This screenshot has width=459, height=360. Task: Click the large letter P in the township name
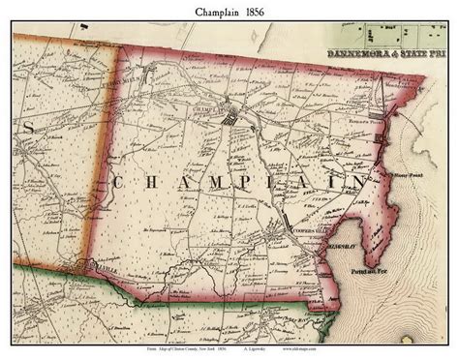point(260,181)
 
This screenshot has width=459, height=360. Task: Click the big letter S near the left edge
point(29,128)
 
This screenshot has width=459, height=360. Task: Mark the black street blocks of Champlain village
point(230,121)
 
